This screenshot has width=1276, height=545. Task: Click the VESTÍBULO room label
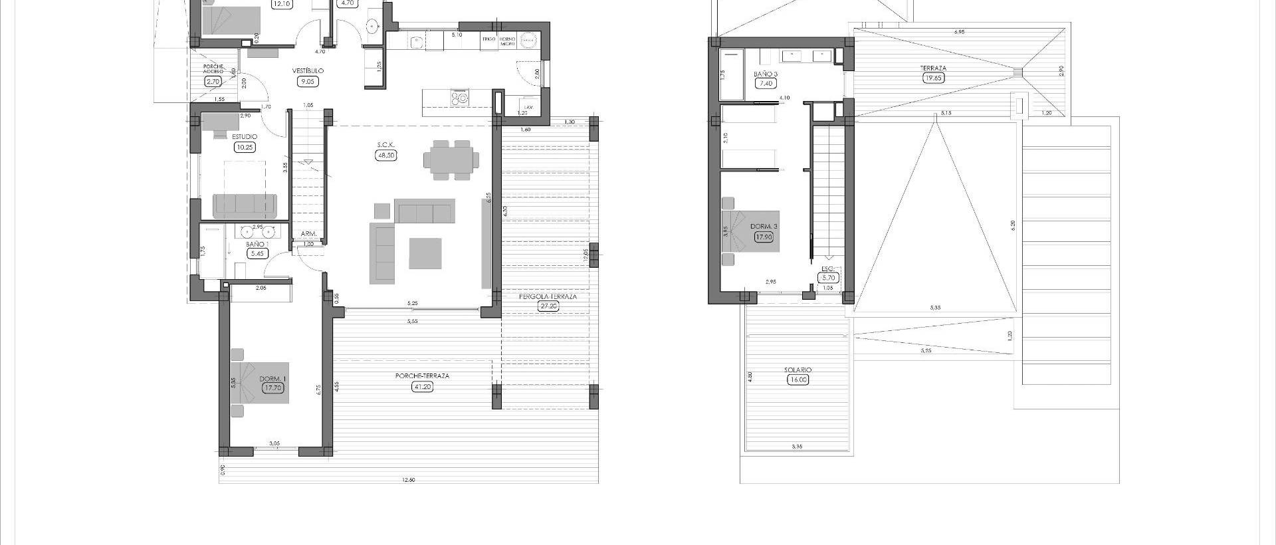pos(308,70)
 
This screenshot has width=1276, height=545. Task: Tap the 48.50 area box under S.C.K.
pos(385,156)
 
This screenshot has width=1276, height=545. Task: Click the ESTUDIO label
pos(245,137)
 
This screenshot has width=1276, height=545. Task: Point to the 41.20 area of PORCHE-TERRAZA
pos(422,386)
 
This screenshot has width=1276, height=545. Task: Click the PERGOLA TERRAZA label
pos(548,296)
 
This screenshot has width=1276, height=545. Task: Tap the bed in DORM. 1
pos(260,383)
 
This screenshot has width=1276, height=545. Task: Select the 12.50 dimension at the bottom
pos(408,480)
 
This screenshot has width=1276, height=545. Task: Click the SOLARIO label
pos(797,370)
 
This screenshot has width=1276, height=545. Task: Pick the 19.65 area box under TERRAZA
pos(934,78)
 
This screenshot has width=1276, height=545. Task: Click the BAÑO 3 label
pos(766,74)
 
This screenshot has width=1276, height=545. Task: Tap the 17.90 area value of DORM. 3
pos(764,236)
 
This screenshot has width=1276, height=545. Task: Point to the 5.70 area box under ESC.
pos(828,278)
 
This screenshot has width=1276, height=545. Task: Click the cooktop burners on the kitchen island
pos(459,98)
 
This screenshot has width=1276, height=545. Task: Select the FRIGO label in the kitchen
pos(488,39)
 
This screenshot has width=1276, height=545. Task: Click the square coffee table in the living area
pos(425,253)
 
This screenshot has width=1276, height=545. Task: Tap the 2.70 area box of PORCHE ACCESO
pos(213,82)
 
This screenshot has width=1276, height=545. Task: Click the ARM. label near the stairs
pos(308,234)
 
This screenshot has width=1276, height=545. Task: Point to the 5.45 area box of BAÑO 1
pos(256,253)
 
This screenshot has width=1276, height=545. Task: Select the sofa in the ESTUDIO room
pos(245,206)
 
